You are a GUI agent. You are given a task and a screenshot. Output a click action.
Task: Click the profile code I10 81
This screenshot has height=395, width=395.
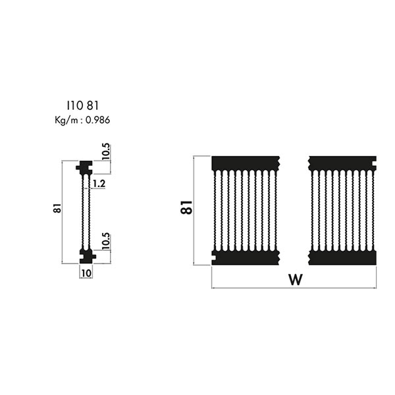click(83, 105)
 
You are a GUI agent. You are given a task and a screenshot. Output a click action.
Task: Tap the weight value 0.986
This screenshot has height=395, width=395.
click(97, 120)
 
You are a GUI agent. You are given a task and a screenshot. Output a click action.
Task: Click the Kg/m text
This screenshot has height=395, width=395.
click(66, 120)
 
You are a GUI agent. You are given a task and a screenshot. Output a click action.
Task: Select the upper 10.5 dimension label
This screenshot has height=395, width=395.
click(106, 151)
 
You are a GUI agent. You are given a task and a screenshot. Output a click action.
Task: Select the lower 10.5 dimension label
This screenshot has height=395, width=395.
click(106, 241)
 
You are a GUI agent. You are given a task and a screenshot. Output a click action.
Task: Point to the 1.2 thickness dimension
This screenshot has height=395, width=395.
click(99, 184)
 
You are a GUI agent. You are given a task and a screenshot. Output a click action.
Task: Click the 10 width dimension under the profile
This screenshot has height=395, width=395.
click(86, 273)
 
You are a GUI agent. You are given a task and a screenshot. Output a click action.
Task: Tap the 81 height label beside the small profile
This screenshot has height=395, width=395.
click(57, 208)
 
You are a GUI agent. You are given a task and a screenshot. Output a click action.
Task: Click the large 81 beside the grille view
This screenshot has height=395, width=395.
click(186, 207)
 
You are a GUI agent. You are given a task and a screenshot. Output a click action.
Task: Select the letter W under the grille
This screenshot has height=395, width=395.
click(295, 279)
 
